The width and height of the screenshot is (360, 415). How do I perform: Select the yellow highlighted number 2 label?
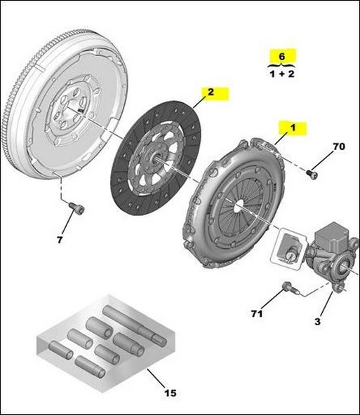pyautogui.click(x=208, y=92)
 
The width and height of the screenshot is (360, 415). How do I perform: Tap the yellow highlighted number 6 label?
pyautogui.click(x=282, y=55)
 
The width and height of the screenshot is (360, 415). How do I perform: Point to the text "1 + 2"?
pyautogui.click(x=282, y=74)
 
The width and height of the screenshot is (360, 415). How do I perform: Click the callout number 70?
pyautogui.click(x=339, y=147)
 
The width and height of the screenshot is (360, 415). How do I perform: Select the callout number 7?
pyautogui.click(x=60, y=240)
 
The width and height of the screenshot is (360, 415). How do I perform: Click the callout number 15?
pyautogui.click(x=171, y=393)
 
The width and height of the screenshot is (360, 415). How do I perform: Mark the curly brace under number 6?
pyautogui.click(x=282, y=64)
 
